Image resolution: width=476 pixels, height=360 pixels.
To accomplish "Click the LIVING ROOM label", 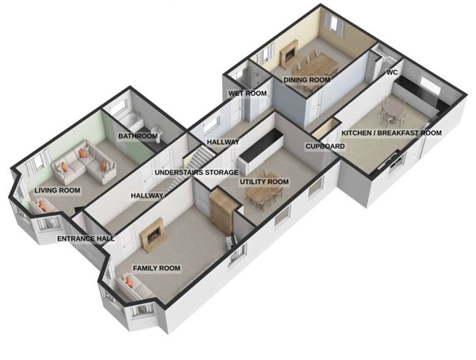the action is coord(57,190).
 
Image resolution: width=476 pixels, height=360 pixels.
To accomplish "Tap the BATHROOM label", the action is coord(138,137).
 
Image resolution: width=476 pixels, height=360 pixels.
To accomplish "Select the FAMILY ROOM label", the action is coord(157,269).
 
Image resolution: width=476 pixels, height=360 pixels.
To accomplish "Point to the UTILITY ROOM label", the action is coord(264,182).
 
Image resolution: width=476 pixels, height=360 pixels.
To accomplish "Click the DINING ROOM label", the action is coord(306,80).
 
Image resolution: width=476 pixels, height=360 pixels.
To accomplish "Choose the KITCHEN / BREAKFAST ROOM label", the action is coord(392,133).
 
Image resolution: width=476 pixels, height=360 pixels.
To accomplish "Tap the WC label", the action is coord(392,73).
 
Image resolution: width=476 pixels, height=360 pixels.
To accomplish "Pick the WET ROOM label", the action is coord(247,93).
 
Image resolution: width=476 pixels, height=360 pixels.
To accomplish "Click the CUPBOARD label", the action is coord(325,147).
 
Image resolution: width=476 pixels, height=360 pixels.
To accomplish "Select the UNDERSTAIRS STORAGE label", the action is coord(196,172).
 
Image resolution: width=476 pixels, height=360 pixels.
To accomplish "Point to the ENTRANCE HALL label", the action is coord(86,239).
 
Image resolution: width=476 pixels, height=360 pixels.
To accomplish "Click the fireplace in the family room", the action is coord(152,235).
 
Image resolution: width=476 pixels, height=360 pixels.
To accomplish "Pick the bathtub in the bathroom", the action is coord(131,121).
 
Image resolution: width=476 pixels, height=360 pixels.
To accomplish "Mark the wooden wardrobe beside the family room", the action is coord(221,211).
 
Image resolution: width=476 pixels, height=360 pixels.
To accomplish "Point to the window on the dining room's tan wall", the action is coord(334,23).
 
